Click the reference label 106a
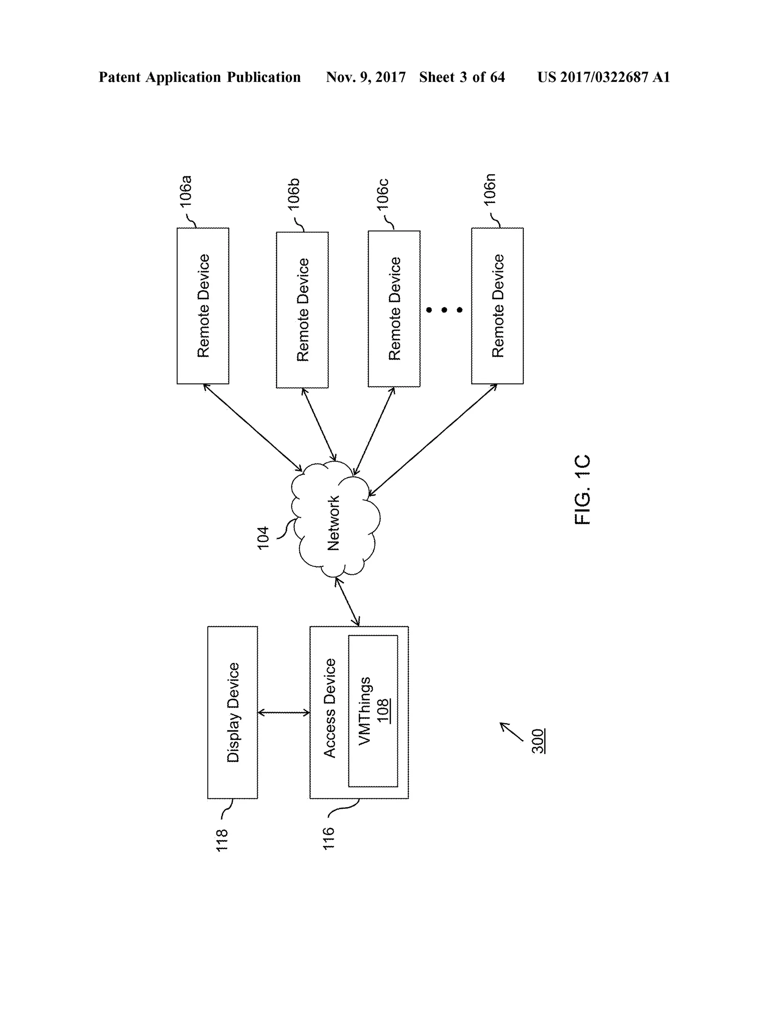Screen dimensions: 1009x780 click(x=186, y=191)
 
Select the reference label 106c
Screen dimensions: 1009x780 click(x=383, y=195)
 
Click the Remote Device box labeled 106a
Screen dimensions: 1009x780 click(x=203, y=306)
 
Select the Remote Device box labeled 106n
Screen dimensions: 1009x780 click(x=497, y=306)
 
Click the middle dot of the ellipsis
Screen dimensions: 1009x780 click(x=444, y=310)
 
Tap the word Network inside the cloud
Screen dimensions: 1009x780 click(x=333, y=523)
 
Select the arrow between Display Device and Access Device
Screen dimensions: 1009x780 click(x=283, y=713)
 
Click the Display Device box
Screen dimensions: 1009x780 click(x=232, y=712)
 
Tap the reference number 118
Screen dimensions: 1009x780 click(x=222, y=840)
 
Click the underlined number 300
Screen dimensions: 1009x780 click(x=538, y=741)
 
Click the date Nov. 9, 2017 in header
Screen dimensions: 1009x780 click(x=366, y=77)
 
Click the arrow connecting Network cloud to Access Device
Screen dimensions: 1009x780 click(x=347, y=602)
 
